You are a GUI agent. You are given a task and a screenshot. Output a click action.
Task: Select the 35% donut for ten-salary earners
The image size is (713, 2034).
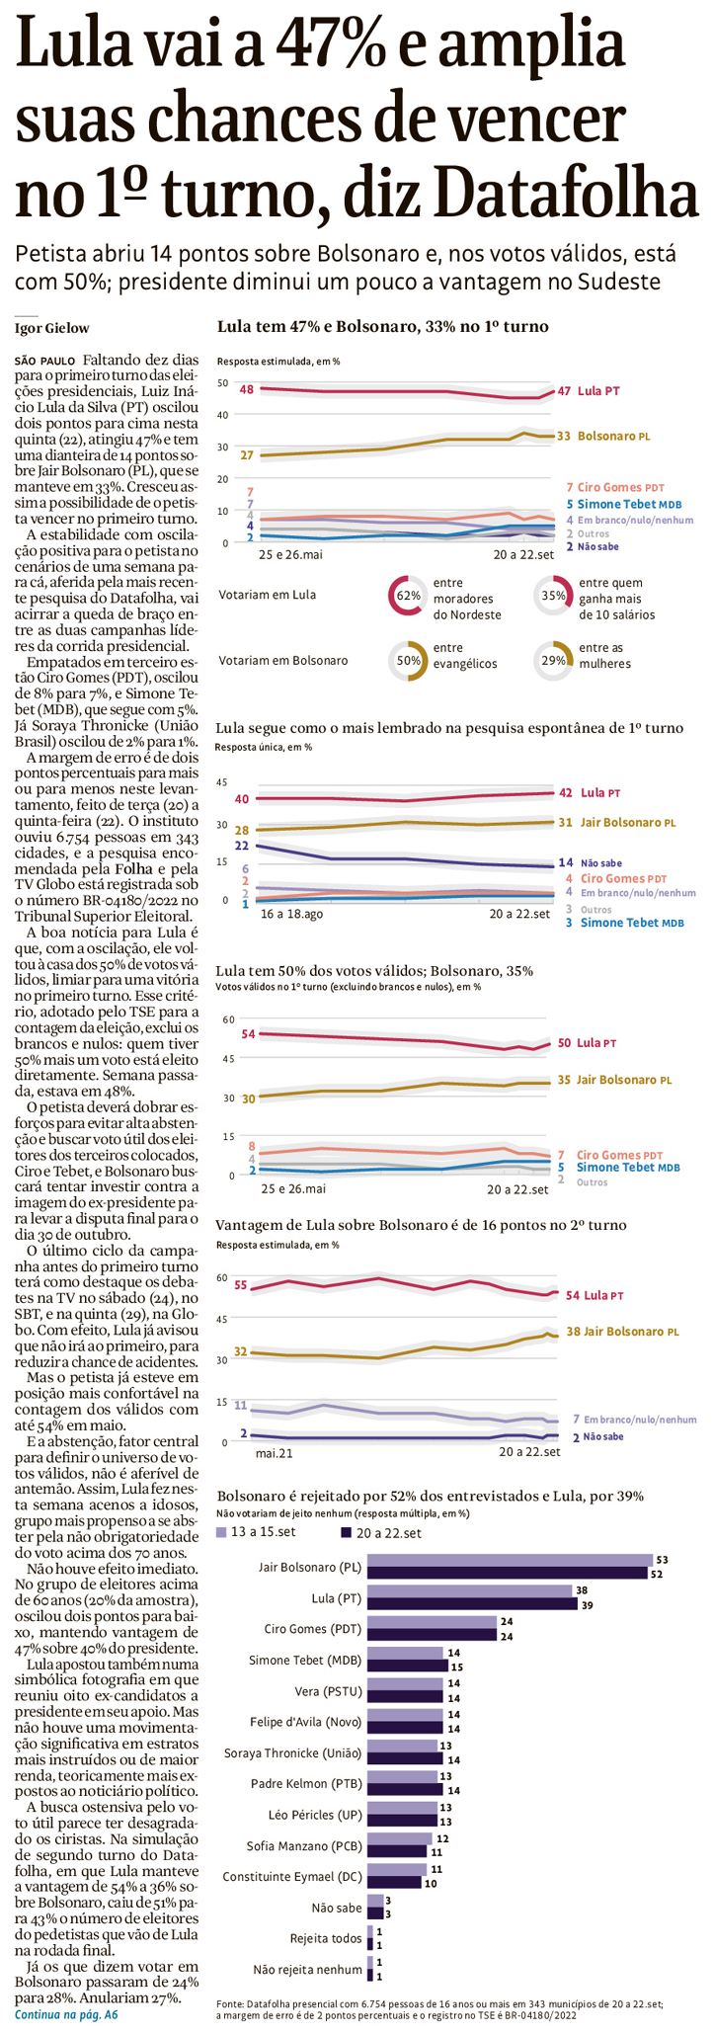click(553, 596)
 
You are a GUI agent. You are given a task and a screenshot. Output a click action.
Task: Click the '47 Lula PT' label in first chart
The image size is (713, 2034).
click(589, 391)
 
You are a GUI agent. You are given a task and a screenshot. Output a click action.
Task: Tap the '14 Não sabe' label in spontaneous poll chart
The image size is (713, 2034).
click(590, 862)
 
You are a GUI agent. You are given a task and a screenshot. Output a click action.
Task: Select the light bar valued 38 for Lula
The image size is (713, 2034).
click(469, 1590)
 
